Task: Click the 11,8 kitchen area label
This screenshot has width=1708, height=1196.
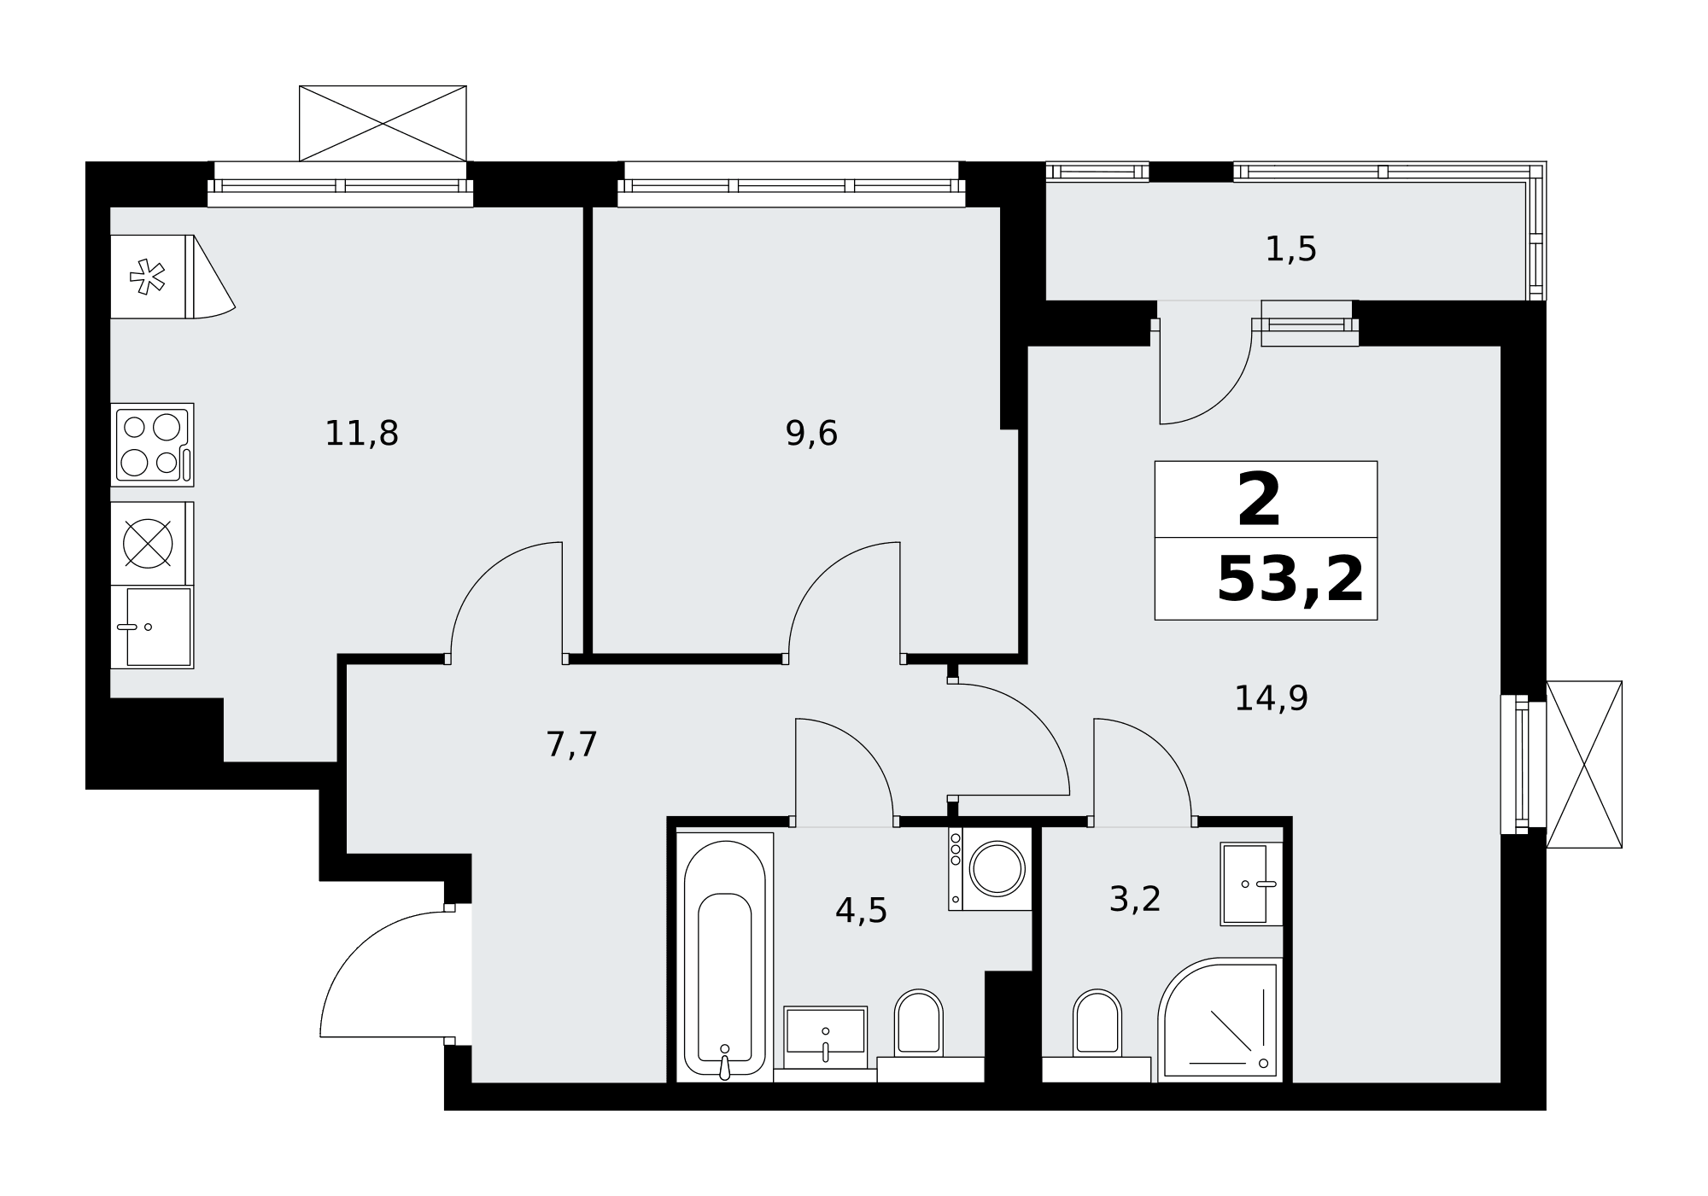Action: coord(361,434)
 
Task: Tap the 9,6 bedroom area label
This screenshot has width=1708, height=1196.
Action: coord(811,434)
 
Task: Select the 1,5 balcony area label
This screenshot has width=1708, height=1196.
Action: coord(1290,249)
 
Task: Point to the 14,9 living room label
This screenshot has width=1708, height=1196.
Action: coord(1271,698)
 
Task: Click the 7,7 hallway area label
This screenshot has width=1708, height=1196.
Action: coord(571,744)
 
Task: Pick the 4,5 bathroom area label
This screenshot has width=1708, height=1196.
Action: coord(861,911)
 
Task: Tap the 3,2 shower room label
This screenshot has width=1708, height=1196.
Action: coord(1134,899)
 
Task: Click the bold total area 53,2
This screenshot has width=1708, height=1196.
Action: coord(1290,579)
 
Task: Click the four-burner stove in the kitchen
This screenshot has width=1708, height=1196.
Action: coord(152,445)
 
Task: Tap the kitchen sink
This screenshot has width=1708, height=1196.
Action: coord(152,627)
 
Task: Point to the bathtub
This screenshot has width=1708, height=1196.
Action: coord(725,957)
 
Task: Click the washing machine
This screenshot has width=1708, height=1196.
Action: coord(990,868)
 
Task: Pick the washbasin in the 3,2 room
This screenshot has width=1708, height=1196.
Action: coord(1251,884)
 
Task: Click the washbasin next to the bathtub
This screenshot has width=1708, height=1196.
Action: coord(825,1036)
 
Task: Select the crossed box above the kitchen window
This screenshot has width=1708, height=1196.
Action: coord(383,123)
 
